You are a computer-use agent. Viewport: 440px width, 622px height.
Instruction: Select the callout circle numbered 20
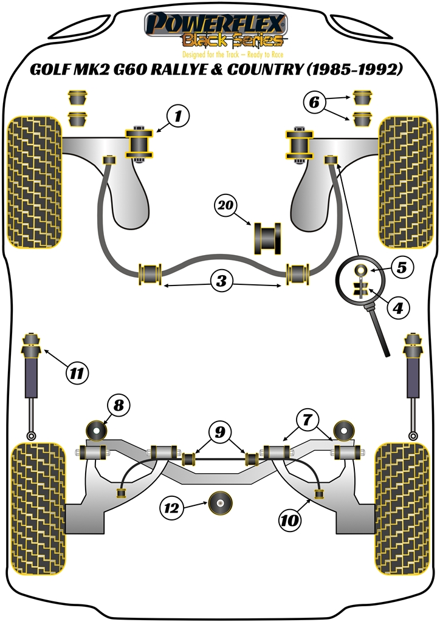click(225, 207)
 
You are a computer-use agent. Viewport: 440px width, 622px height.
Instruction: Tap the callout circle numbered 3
click(222, 281)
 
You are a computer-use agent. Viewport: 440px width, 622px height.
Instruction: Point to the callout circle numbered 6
click(314, 103)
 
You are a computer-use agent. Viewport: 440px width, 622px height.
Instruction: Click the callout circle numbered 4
click(397, 308)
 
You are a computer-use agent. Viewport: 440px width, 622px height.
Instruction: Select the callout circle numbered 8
click(119, 404)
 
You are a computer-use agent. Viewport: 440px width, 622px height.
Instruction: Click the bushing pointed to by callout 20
click(267, 239)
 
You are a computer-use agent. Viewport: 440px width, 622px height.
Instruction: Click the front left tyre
click(35, 182)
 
